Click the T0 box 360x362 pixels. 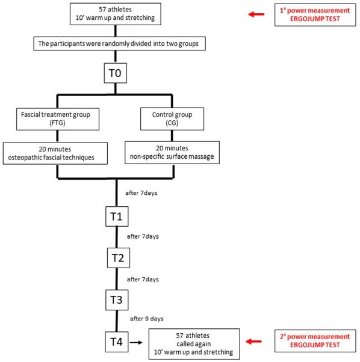pyautogui.click(x=116, y=73)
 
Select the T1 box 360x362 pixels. pyautogui.click(x=117, y=216)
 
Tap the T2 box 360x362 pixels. pyautogui.click(x=119, y=258)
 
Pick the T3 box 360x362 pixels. pyautogui.click(x=117, y=300)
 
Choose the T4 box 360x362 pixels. pyautogui.click(x=117, y=342)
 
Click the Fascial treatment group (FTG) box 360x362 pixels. pyautogui.click(x=58, y=119)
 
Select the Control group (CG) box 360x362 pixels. pyautogui.click(x=172, y=118)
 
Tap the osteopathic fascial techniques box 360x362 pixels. pyautogui.click(x=55, y=153)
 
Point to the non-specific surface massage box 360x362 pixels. pyautogui.click(x=172, y=153)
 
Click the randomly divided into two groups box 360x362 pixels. pyautogui.click(x=119, y=43)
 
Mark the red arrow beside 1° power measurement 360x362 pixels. pyautogui.click(x=256, y=14)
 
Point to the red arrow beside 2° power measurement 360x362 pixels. pyautogui.click(x=253, y=341)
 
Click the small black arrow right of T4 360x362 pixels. pyautogui.click(x=136, y=342)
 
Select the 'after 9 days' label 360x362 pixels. pyautogui.click(x=147, y=319)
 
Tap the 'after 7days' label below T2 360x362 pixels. pyautogui.click(x=143, y=280)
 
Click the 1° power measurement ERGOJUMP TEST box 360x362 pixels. pyautogui.click(x=315, y=15)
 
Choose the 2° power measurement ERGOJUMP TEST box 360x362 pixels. pyautogui.click(x=315, y=341)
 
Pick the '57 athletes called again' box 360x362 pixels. pyautogui.click(x=194, y=344)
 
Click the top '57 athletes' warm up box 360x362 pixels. pyautogui.click(x=116, y=14)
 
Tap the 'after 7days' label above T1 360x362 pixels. pyautogui.click(x=141, y=193)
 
